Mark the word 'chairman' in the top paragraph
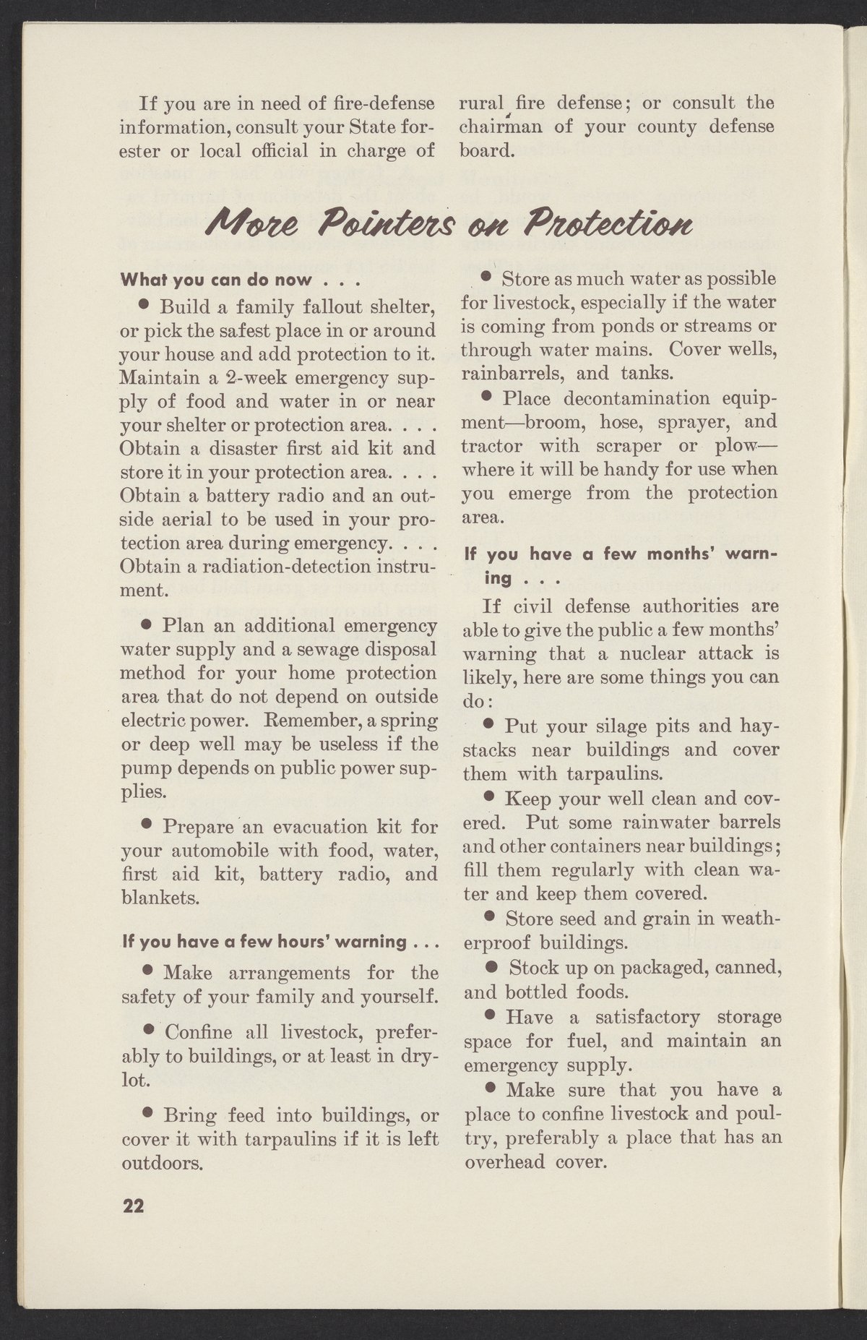(496, 127)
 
